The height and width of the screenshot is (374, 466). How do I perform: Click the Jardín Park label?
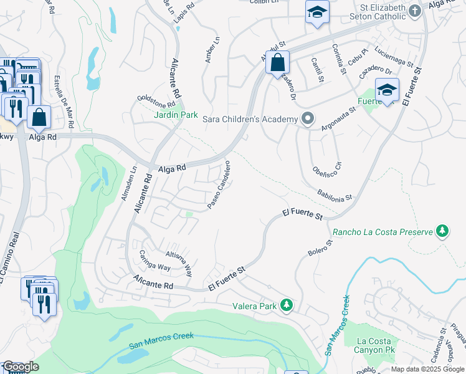point(176,115)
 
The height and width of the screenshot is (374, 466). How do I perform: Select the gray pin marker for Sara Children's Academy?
point(307,118)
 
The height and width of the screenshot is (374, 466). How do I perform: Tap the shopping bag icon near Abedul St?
point(278,62)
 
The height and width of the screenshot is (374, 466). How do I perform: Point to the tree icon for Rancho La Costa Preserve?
point(442,232)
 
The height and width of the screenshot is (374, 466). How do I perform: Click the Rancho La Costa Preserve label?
point(383,233)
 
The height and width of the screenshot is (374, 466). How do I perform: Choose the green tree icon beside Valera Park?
point(287,305)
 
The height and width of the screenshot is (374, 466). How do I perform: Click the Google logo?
point(21,367)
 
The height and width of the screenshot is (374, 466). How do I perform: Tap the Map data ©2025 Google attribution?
point(428,369)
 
